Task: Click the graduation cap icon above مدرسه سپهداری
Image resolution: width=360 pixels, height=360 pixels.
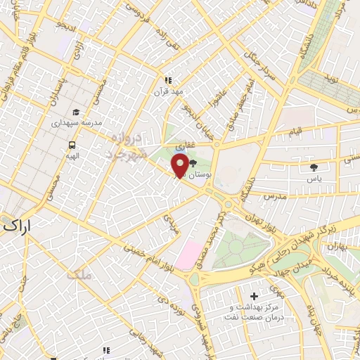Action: coord(75,112)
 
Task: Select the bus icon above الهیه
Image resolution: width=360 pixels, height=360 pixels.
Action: coord(71,145)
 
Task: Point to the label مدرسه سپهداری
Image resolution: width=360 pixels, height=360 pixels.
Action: coord(76,123)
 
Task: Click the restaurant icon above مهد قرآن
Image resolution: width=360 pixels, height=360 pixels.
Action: coord(168,80)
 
